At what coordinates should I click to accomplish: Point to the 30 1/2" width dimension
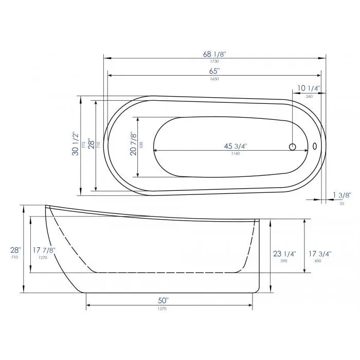tap(76, 145)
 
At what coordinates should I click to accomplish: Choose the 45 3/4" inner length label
tap(235, 146)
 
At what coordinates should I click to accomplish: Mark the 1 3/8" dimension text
tap(341, 195)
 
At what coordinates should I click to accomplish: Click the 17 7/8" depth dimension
tap(44, 250)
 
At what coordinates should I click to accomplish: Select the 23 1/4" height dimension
tap(284, 254)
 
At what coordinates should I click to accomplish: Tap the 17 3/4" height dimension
tap(320, 254)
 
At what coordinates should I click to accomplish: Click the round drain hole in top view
tap(293, 147)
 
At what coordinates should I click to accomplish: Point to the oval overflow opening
tap(314, 146)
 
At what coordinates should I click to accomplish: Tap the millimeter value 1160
tap(235, 154)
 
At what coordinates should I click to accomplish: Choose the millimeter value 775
tap(84, 145)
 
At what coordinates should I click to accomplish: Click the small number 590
tap(284, 261)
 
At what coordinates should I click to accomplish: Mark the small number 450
tap(320, 261)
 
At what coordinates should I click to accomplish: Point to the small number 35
tap(341, 204)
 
